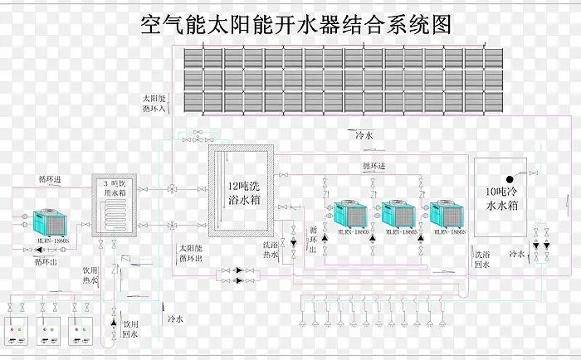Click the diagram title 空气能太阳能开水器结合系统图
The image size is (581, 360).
(299, 24)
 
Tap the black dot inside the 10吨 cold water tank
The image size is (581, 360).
(510, 178)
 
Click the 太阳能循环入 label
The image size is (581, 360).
(154, 103)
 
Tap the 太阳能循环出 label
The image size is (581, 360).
(191, 254)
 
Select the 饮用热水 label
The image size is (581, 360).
(90, 275)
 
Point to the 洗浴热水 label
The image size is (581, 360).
(271, 251)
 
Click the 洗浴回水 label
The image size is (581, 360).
(482, 259)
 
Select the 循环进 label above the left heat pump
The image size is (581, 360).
(49, 178)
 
